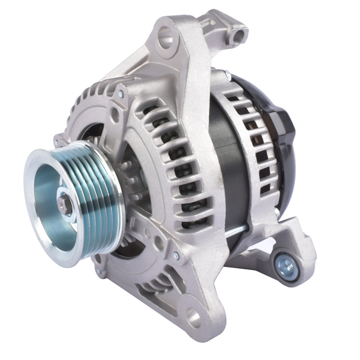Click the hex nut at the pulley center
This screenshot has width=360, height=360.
pos(66,203)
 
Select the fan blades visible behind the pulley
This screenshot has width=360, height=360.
pos(129,180)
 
